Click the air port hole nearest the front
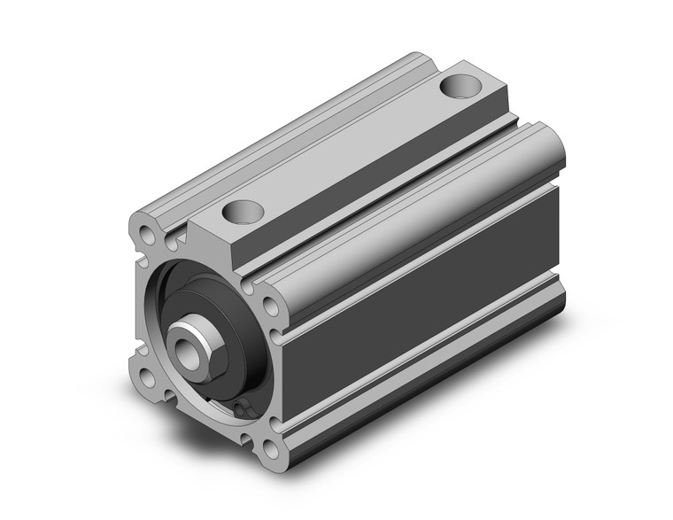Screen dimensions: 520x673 pyautogui.click(x=243, y=212)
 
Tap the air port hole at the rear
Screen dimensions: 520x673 pyautogui.click(x=459, y=87)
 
